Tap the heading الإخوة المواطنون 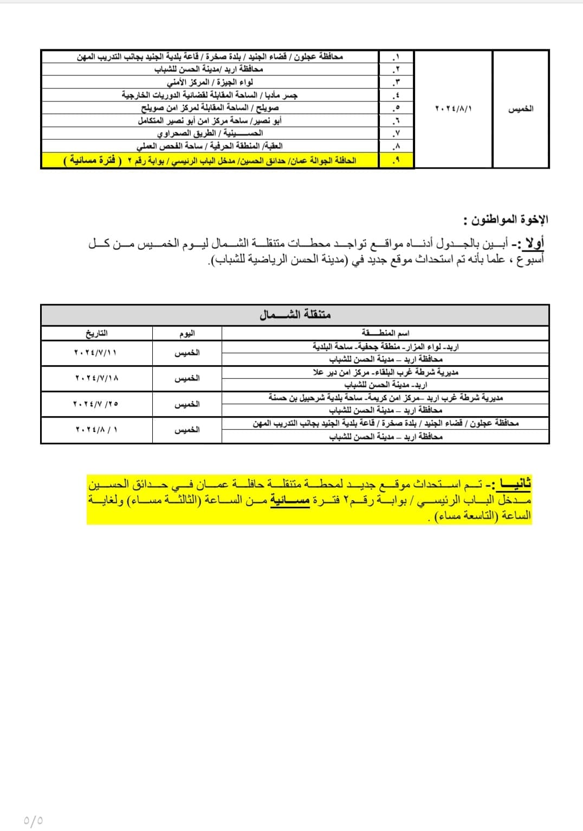click(506, 220)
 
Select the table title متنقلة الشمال click(295, 315)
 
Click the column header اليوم click(187, 333)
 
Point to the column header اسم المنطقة click(385, 333)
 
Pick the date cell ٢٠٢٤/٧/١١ click(95, 353)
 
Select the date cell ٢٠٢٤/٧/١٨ click(95, 378)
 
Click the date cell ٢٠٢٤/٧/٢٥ click(95, 404)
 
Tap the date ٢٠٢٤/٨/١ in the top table click(454, 108)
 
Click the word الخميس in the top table click(521, 108)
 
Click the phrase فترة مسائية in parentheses click(94, 161)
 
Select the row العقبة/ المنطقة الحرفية click(210, 146)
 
